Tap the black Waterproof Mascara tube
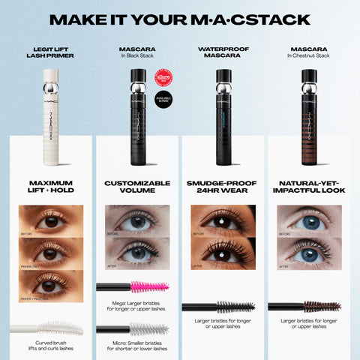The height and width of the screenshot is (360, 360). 223,116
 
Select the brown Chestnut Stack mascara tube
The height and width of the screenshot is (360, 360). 308,116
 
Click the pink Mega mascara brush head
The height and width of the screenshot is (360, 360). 150,286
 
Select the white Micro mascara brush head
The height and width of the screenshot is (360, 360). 150,328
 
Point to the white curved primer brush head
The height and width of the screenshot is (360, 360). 60,328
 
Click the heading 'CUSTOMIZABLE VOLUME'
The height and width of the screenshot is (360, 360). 137,187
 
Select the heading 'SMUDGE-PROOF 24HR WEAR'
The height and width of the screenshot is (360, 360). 223,187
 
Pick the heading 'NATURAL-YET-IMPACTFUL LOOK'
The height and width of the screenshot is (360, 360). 308,187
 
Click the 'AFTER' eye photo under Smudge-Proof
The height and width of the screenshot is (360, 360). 223,253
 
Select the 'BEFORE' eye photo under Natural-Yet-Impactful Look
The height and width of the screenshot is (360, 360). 308,221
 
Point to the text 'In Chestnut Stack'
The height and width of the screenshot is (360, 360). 308,56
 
